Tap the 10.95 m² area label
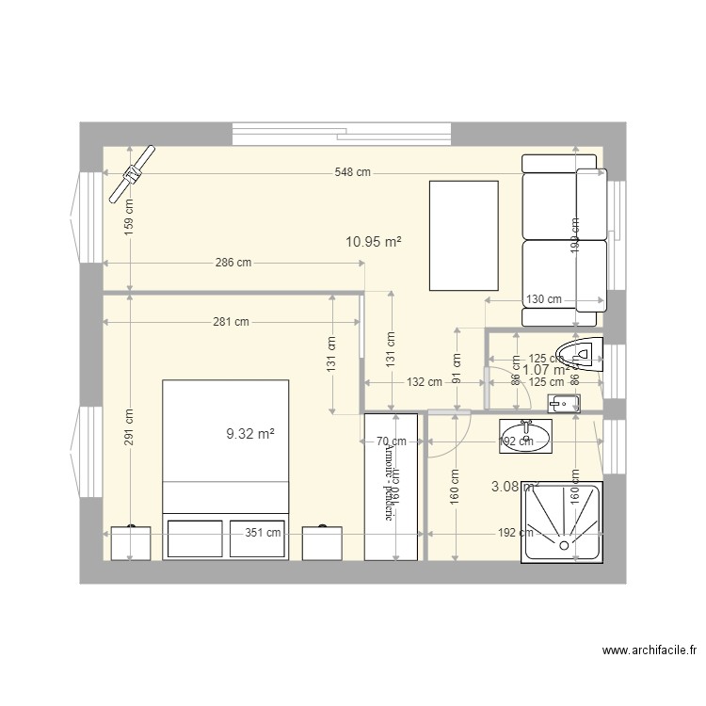[374, 242]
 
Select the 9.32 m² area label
[250, 434]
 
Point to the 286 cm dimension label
[233, 264]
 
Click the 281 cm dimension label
[231, 322]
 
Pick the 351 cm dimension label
[263, 533]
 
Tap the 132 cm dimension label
[424, 382]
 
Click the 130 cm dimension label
[543, 299]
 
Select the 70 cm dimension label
[391, 441]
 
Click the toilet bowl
[580, 355]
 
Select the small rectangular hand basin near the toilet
[563, 404]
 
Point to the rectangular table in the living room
[463, 235]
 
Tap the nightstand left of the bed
[130, 543]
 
